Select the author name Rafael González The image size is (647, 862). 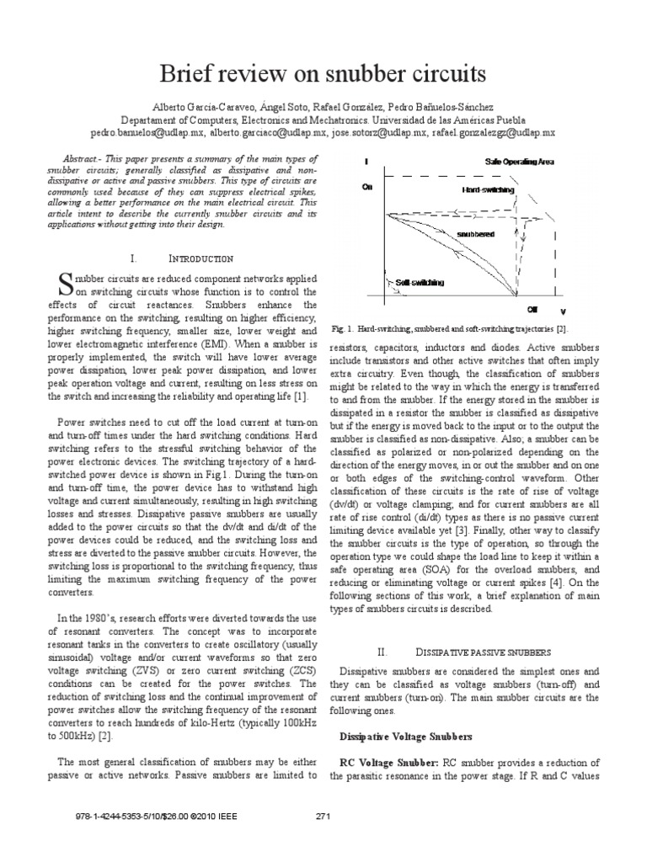353,108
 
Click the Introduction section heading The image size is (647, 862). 194,258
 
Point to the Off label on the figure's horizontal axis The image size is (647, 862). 532,310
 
